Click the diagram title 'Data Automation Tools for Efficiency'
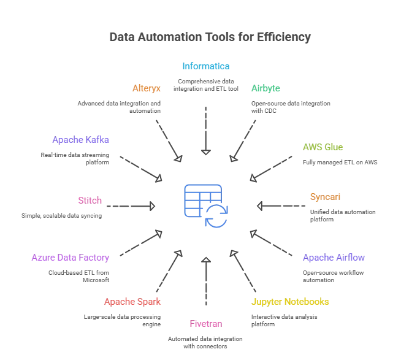210,37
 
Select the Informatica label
206,66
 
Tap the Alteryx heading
147,88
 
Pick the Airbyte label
265,88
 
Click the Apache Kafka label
80,140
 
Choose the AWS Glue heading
323,147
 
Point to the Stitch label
90,201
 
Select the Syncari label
325,197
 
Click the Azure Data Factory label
70,258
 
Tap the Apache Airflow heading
334,258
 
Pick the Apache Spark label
132,302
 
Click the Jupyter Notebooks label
290,302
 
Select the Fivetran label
206,324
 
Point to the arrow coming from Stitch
131,206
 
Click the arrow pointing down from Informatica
206,131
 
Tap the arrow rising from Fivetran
206,281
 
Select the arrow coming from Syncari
281,206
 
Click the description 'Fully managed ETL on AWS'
340,163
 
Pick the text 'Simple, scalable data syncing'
61,216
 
